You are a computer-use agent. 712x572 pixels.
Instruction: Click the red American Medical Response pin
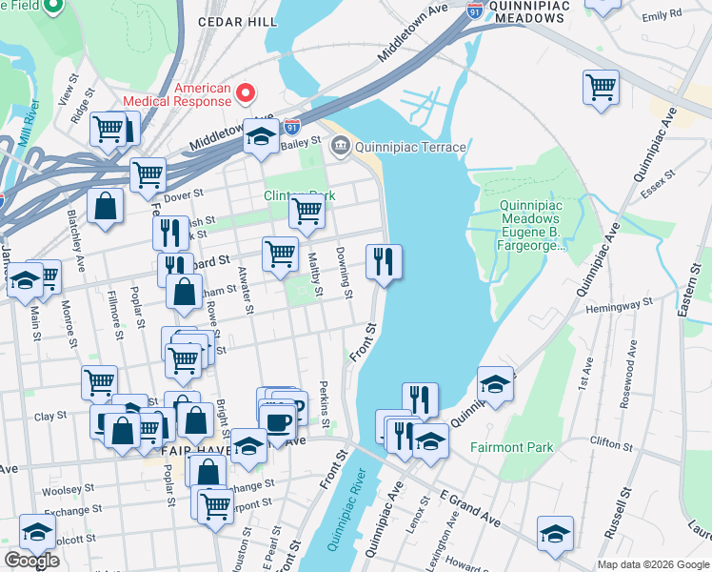point(246,93)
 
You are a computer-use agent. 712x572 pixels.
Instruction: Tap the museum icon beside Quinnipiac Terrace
point(340,147)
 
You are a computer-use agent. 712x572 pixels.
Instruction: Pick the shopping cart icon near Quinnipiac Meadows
point(601,88)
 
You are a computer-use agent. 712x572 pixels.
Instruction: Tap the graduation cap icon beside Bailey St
point(260,136)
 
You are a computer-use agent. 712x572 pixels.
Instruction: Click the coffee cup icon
point(279,422)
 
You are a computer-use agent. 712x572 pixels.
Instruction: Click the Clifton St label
point(611,443)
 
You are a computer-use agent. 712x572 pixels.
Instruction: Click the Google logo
point(31,562)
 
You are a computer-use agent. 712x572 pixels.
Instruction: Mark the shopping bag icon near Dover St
point(105,206)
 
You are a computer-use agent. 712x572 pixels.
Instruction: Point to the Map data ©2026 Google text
point(652,564)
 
